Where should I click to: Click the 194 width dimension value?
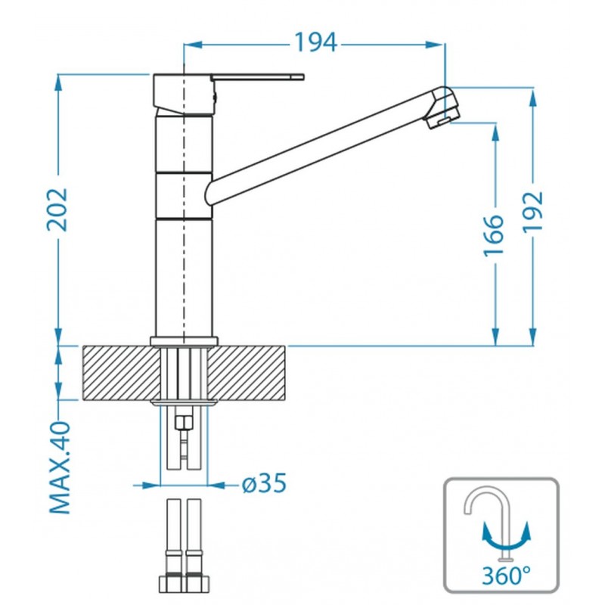(316, 42)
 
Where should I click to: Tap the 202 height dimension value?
(57, 210)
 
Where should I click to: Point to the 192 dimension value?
(532, 213)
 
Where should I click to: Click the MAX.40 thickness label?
(60, 467)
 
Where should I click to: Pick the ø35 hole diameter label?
(264, 483)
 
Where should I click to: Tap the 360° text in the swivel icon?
(506, 576)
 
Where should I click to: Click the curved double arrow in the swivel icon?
(506, 539)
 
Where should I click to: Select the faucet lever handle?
(258, 77)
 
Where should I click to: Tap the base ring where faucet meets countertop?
(184, 341)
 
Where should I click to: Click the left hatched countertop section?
(122, 373)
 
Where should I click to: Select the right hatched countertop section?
(247, 373)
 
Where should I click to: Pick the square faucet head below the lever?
(183, 94)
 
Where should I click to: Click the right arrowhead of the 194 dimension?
(435, 45)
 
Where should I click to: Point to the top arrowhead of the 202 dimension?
(58, 83)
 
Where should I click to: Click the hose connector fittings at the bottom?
(184, 581)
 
